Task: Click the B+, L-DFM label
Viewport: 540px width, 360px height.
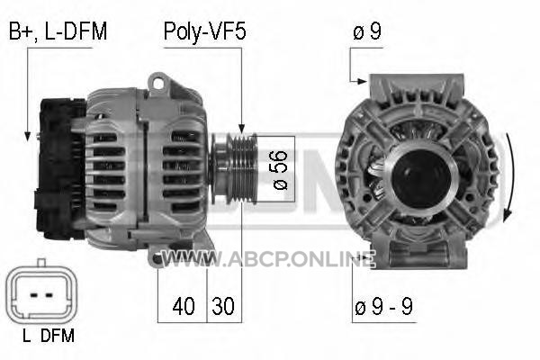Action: tap(58, 31)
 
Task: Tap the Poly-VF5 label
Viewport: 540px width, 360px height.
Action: tap(205, 31)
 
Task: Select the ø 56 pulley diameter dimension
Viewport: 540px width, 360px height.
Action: tap(280, 170)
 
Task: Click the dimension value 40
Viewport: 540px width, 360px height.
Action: tap(184, 306)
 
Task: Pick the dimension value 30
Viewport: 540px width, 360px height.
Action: tap(223, 306)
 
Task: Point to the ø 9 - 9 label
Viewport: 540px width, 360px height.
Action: tap(383, 306)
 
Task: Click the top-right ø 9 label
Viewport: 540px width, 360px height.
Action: tap(367, 31)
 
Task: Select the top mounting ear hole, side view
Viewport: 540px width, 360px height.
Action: tap(158, 83)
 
